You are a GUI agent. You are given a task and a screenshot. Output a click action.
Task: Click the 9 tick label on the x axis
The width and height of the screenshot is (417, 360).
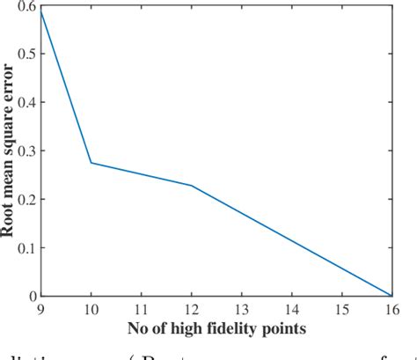coord(40,311)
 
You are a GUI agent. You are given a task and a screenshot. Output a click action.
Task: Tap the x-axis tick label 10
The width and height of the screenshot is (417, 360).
coord(91,311)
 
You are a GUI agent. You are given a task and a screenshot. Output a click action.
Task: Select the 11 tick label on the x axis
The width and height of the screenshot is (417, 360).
coord(141,311)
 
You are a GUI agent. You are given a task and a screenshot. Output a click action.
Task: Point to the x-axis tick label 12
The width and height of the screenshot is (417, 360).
coord(191,311)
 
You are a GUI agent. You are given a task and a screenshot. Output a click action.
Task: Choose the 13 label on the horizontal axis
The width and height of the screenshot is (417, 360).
coord(241,311)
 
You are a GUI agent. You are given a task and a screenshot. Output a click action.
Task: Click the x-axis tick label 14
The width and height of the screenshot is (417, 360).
coord(291,311)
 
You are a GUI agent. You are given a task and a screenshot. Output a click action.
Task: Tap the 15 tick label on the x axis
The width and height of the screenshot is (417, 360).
coord(341,311)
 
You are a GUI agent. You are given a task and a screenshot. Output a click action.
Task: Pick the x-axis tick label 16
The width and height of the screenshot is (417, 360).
coord(391,311)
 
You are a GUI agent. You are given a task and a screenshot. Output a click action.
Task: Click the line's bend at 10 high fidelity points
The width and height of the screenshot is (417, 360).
coord(91,162)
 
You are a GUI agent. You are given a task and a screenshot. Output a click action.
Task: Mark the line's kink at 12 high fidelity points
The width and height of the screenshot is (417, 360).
coord(191,186)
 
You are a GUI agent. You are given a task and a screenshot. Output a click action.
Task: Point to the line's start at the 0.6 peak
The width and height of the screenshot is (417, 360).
coord(40,11)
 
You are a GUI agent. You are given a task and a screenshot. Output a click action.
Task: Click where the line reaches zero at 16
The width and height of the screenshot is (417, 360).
coord(391,296)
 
